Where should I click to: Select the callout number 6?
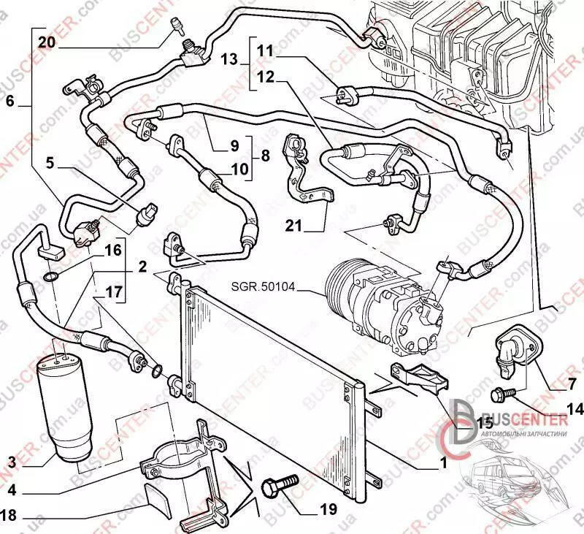[x=10, y=102]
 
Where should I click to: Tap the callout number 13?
[x=229, y=58]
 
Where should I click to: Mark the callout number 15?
[x=464, y=423]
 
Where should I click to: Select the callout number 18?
[x=9, y=514]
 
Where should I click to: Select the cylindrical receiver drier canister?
[x=64, y=405]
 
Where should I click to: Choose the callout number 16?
[x=112, y=250]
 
